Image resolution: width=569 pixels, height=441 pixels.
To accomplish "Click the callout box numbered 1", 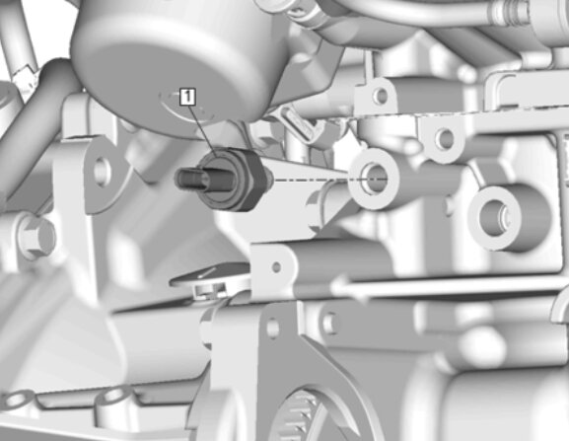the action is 187,97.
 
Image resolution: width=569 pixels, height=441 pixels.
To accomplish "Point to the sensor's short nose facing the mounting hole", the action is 269,179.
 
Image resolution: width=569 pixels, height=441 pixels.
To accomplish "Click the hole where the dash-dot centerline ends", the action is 374,180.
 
